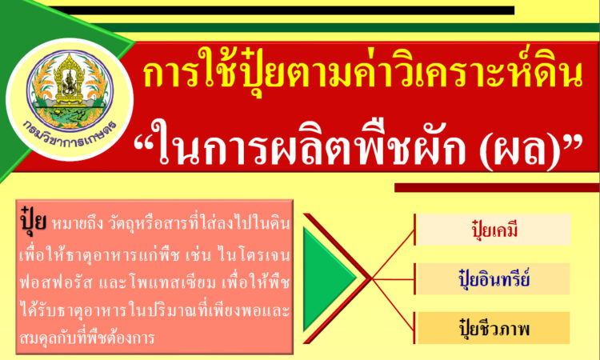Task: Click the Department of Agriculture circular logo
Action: [x=70, y=99]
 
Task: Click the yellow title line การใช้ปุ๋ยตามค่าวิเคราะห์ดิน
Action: [x=362, y=74]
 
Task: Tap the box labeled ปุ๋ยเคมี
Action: [x=494, y=230]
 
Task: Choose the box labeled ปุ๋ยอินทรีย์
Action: [x=494, y=279]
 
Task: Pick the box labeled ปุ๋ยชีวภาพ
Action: [x=494, y=328]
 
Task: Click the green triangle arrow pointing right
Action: [x=329, y=279]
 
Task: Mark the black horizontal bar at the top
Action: [x=282, y=10]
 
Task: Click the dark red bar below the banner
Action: [x=497, y=187]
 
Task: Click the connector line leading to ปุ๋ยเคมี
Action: [x=393, y=254]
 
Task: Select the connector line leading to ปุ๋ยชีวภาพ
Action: [x=393, y=304]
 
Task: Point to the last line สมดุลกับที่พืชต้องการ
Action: [x=86, y=338]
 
